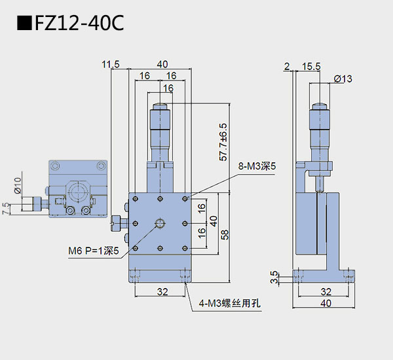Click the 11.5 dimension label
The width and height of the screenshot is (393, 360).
coord(111,64)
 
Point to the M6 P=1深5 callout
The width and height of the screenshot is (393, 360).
coord(93,251)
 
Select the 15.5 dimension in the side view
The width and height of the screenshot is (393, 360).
coord(312,66)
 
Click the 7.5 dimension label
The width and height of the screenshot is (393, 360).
coord(7,209)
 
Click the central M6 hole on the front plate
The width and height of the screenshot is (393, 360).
coord(160,224)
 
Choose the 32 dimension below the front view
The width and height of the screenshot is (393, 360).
coord(160,292)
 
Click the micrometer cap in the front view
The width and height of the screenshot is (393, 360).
coord(160,105)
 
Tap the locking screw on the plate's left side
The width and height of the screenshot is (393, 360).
coord(118,223)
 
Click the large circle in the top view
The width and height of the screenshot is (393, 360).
coord(79,191)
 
